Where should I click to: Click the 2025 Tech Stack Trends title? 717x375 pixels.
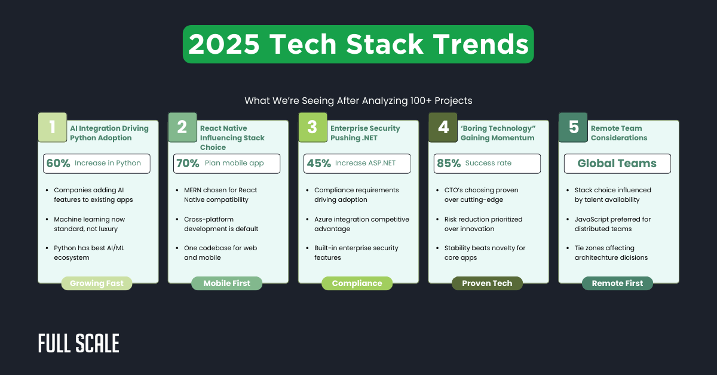coord(358,44)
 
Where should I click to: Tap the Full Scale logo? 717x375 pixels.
coord(79,343)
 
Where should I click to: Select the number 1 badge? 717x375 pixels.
coord(53,127)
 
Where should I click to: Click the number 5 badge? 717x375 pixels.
coord(574,127)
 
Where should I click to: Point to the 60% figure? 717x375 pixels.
coord(58,163)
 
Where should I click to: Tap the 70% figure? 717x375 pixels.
coord(188,163)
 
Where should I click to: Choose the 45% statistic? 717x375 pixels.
coord(318,163)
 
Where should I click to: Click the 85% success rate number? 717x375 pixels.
coord(448,163)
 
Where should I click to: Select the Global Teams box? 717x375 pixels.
coord(617,163)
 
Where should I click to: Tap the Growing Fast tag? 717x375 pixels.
coord(97,283)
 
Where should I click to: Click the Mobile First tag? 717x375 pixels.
coord(226,283)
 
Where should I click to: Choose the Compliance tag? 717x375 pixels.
coord(357,283)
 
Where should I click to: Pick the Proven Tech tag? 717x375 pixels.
coord(487,283)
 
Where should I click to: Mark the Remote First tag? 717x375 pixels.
coord(617,283)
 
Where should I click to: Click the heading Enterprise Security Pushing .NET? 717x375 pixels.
coord(365,133)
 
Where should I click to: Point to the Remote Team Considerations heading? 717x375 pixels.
coord(619,133)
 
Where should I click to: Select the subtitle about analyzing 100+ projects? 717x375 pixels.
coord(358,100)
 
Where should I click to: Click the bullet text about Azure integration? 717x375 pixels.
coord(361,224)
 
